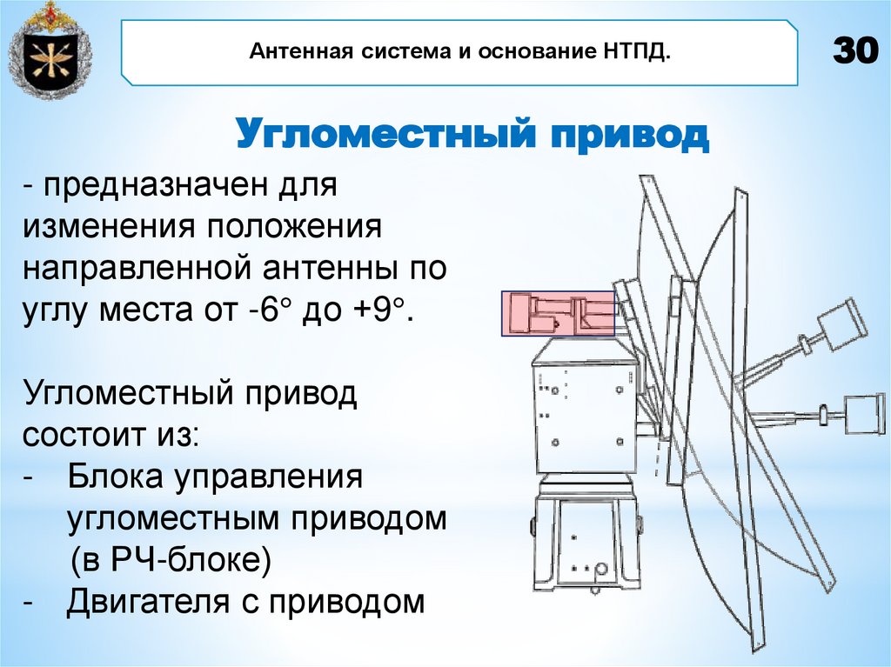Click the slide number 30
click(x=855, y=53)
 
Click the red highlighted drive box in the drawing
click(x=559, y=313)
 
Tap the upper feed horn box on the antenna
click(x=842, y=323)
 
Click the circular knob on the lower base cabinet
click(x=600, y=569)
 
